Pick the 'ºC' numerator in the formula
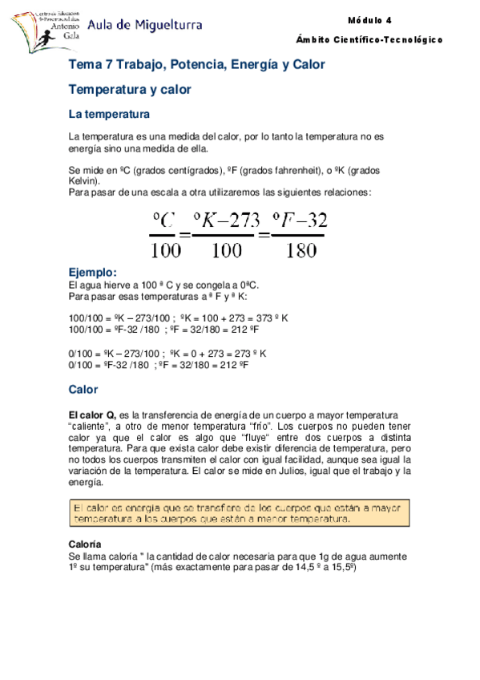pos(165,220)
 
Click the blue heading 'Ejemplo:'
pos(93,273)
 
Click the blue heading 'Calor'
pos(83,390)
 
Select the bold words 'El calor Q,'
pos(93,415)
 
